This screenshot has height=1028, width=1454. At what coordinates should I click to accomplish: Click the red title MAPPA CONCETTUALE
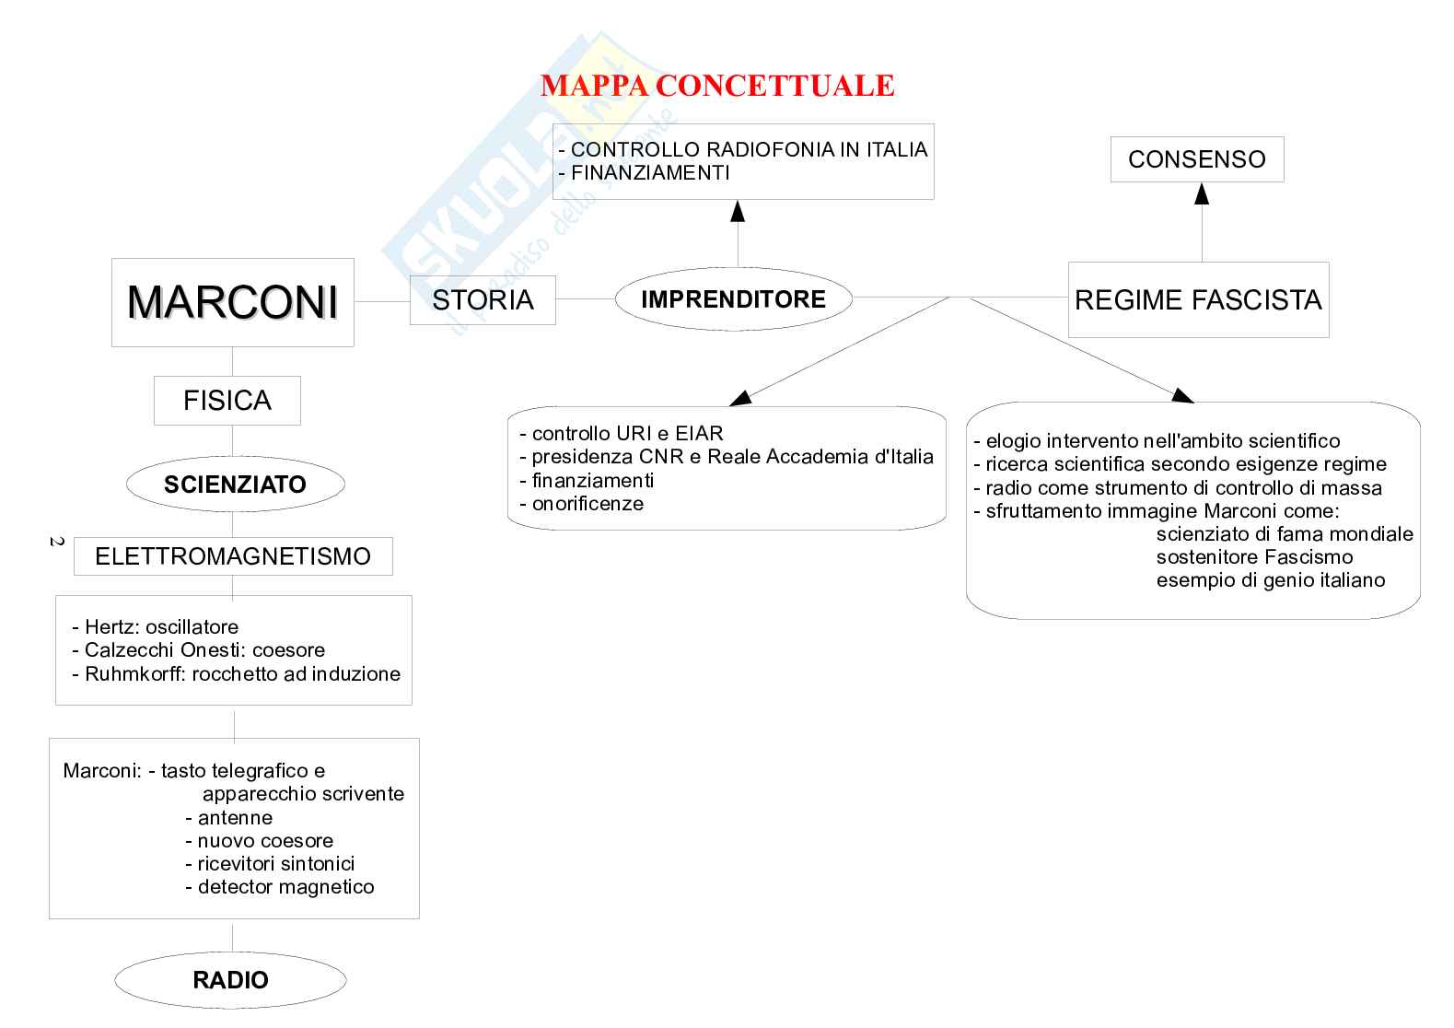pos(717,86)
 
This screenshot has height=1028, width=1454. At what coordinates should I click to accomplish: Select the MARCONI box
pos(232,302)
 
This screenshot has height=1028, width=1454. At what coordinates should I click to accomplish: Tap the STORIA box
pos(483,300)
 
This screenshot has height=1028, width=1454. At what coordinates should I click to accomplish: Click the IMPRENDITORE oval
pos(733,299)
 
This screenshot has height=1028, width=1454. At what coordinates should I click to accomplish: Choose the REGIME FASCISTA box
pos(1198,300)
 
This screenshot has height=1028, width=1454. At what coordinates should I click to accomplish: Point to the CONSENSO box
pos(1196,159)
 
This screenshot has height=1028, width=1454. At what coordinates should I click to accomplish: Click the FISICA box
pos(227,401)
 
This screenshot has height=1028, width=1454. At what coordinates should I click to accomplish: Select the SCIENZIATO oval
pos(235,485)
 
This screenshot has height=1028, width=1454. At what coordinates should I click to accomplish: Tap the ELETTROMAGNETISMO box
pos(233,556)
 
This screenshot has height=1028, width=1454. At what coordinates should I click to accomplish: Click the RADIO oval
pos(230,980)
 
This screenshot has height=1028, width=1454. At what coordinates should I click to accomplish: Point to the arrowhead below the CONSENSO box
pos(1201,193)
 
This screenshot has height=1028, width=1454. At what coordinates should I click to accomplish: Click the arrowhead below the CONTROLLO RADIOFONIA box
pos(737,211)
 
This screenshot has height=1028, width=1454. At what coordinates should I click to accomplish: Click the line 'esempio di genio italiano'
pos(1271,580)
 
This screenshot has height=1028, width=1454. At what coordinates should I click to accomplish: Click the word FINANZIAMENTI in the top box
pos(650,173)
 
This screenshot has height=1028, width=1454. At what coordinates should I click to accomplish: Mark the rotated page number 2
pos(55,542)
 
